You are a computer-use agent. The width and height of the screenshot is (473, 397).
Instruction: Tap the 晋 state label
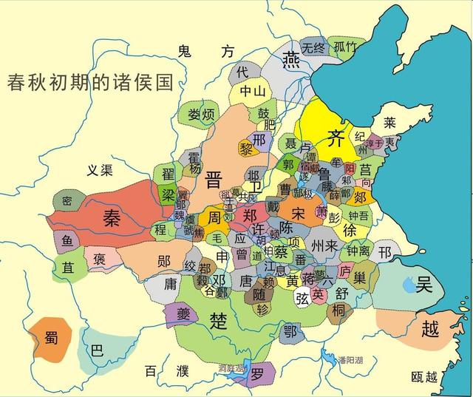215,180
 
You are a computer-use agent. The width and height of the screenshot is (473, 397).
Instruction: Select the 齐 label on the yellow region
336,137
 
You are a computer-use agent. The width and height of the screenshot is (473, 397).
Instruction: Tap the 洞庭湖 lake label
232,367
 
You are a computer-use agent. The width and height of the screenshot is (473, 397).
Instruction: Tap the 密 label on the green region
67,201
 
